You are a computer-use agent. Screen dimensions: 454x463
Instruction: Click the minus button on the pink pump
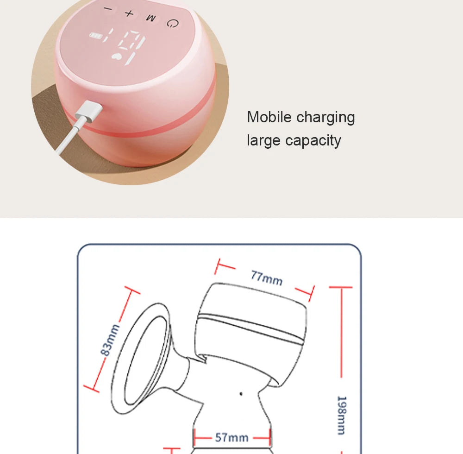tap(108, 9)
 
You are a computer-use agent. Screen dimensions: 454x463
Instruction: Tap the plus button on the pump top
tap(129, 13)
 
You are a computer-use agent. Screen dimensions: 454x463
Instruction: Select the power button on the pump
tap(173, 23)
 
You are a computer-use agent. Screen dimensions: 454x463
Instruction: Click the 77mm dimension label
tap(266, 277)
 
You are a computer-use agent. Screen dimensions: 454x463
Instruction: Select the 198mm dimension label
tap(341, 415)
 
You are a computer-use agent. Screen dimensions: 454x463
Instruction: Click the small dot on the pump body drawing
tap(241, 393)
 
